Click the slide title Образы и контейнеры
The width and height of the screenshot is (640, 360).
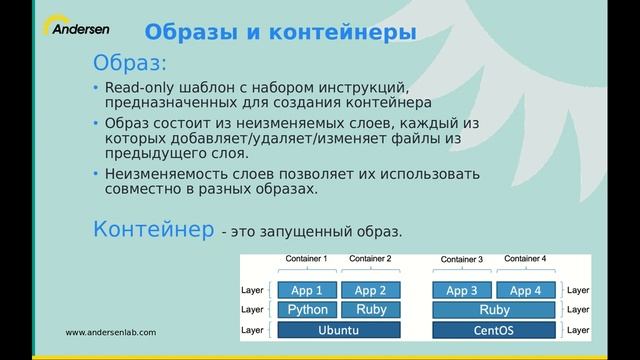[274, 32]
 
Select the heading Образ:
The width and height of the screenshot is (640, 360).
[129, 64]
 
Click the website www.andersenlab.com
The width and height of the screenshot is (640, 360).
[111, 332]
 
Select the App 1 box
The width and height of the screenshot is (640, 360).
[307, 291]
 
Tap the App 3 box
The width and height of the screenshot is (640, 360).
[462, 291]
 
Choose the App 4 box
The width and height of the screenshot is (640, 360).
[526, 291]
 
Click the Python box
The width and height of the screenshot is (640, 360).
[307, 310]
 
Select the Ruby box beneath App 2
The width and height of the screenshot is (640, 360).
[371, 310]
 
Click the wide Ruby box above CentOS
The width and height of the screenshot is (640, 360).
[494, 310]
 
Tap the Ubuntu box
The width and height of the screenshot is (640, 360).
[339, 329]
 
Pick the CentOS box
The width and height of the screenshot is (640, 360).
[494, 329]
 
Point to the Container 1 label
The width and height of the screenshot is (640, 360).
[307, 260]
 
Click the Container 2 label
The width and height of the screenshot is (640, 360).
[371, 260]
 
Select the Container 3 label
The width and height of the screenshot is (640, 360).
[462, 260]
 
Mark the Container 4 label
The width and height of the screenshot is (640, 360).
[526, 259]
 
